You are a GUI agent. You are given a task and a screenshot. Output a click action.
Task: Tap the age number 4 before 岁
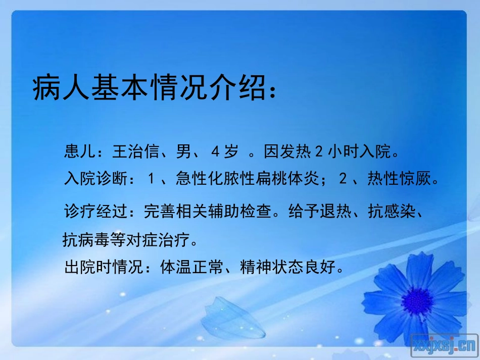[215, 151]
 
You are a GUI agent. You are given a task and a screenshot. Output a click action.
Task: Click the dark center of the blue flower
[418, 301]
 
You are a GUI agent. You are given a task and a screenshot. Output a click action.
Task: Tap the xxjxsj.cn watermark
[445, 345]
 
